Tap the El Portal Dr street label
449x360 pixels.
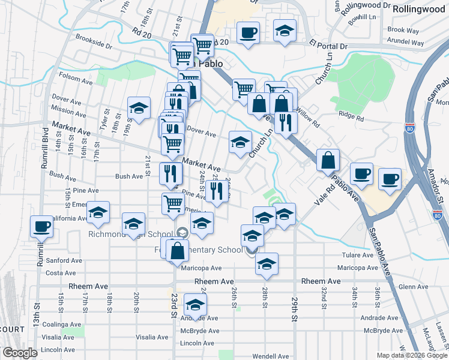[328, 46]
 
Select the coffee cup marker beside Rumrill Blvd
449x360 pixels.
[42, 226]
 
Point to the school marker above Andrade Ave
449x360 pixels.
[194, 306]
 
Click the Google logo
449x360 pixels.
[20, 353]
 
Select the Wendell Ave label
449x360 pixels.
[271, 356]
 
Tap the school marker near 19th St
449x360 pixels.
[139, 109]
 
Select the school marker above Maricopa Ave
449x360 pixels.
[267, 263]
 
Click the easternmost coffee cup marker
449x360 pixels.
[389, 179]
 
